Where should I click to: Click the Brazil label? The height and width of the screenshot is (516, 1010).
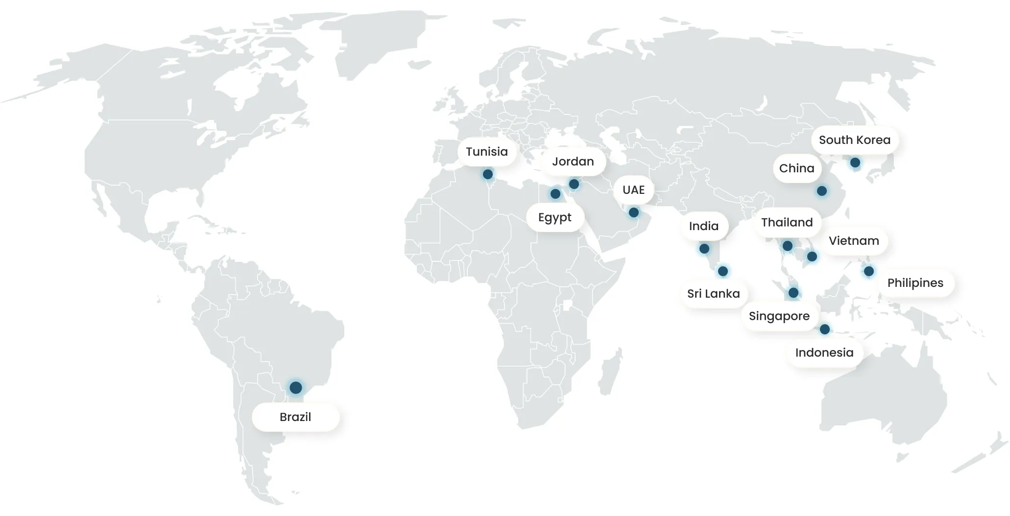point(295,417)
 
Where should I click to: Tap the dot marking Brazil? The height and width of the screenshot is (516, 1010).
point(295,388)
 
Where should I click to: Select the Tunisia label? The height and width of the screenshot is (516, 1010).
point(486,152)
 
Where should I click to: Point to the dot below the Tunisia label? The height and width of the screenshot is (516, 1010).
point(487,174)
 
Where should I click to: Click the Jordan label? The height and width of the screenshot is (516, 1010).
point(573,162)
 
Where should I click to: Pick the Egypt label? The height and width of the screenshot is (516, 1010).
point(554,217)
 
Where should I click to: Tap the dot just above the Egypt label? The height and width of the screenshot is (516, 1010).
point(555,194)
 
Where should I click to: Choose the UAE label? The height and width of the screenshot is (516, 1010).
point(633,190)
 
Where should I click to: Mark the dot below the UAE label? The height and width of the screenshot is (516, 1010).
point(633,212)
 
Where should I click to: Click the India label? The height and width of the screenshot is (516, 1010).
point(703,226)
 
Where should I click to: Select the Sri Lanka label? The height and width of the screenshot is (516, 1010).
point(713,294)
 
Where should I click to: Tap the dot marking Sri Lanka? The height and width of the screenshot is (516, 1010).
point(722,271)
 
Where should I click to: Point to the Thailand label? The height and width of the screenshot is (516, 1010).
point(787,223)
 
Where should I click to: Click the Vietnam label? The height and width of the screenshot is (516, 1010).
point(853,241)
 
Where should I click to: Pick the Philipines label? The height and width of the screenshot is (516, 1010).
point(915,283)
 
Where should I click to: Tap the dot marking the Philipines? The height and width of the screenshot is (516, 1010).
point(868,271)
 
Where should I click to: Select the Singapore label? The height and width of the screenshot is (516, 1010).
point(779,316)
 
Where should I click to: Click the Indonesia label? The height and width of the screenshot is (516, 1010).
point(824,352)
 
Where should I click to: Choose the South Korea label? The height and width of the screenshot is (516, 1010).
point(854,140)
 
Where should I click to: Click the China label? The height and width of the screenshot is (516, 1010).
point(796,168)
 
